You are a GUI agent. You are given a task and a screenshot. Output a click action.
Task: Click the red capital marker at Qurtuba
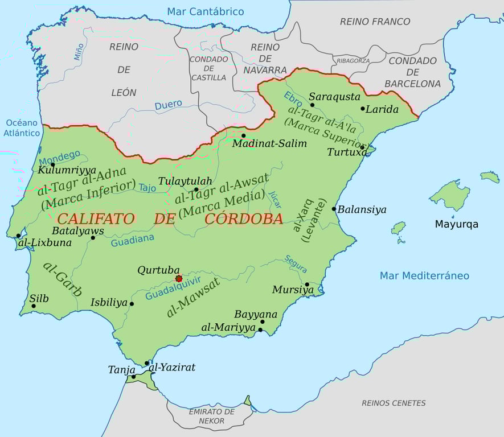tap(179, 279)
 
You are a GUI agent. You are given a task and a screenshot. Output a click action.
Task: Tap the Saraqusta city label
tap(334, 97)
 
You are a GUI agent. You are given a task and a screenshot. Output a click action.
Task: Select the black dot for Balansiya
tap(334, 209)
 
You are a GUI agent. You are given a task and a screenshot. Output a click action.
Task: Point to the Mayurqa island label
tap(456, 224)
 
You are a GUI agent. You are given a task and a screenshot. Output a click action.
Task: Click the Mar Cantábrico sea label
tap(205, 11)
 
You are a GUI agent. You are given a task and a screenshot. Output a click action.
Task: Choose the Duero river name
tap(168, 105)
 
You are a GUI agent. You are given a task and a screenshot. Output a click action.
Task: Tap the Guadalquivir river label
tap(173, 288)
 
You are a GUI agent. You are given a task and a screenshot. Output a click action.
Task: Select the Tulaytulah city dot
tap(196, 189)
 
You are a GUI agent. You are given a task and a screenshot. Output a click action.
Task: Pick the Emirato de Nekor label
tap(211, 416)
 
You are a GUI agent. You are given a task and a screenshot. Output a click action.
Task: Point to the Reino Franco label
tap(375, 22)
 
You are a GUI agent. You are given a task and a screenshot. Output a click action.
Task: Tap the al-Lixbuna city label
tap(45, 243)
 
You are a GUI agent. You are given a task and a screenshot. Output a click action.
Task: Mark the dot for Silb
tap(34, 306)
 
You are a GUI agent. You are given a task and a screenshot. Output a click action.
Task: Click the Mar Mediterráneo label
tap(424, 276)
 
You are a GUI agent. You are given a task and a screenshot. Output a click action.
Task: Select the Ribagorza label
tap(353, 61)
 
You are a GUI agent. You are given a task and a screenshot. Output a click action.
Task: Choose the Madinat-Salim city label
tap(269, 144)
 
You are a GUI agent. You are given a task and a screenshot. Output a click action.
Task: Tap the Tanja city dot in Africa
tap(134, 376)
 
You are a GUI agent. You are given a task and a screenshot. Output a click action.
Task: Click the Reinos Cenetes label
tap(394, 403)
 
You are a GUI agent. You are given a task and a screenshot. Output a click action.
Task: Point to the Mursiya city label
tap(293, 290)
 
